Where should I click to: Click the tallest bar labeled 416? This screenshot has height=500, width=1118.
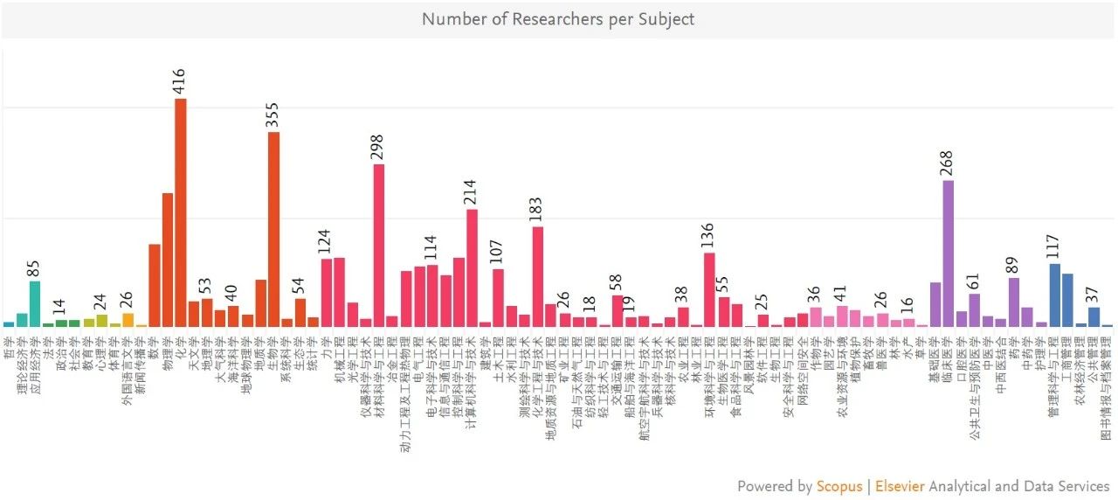[181, 212]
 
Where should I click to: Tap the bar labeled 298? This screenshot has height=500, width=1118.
[379, 246]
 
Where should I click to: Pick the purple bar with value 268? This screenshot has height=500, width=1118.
[949, 253]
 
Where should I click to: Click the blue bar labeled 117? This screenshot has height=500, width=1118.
[1054, 295]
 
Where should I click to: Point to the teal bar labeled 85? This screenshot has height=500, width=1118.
[35, 303]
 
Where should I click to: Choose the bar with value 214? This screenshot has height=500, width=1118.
[472, 267]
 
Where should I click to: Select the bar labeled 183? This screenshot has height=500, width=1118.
[538, 276]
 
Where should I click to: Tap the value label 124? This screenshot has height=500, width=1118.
[326, 242]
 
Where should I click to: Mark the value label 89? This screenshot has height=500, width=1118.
[1013, 264]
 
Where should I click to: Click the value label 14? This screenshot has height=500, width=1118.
[60, 308]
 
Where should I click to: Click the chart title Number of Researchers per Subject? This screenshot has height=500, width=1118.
[558, 18]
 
